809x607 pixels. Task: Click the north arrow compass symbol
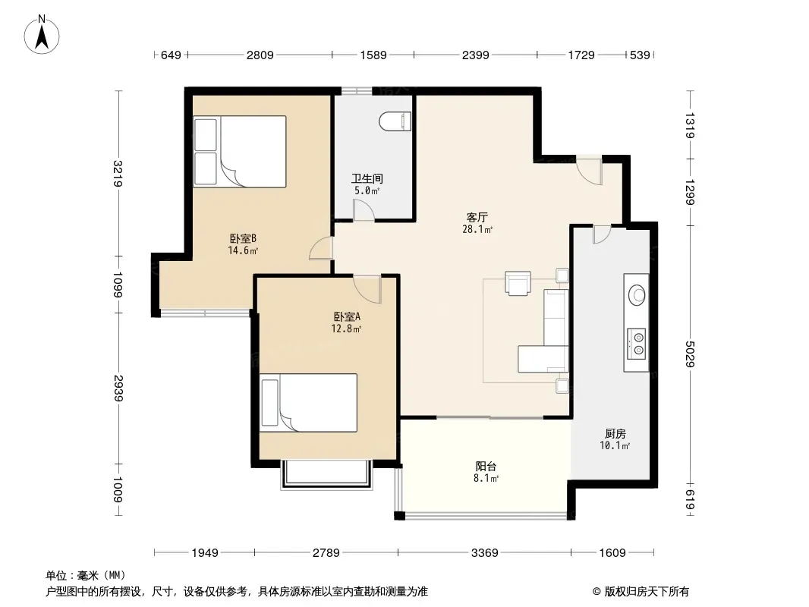coord(42,35)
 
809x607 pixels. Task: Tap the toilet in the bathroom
coord(395,122)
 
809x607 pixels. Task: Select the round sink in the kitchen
coord(636,295)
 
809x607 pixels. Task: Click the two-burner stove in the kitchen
coord(636,344)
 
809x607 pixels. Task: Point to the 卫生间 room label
coord(367,178)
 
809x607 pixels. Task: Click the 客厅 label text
coord(477,217)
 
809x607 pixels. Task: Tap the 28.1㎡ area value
coord(477,229)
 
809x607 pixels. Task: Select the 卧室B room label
coord(243,238)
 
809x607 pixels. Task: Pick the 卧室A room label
coord(346,316)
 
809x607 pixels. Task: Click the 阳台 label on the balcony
coord(486,466)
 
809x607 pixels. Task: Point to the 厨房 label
coord(615,434)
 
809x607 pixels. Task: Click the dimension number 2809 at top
coord(260,55)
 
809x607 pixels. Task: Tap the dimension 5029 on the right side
coord(690,354)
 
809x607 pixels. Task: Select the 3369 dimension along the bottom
coord(484,553)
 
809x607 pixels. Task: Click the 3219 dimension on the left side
coord(118,173)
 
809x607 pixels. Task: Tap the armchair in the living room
coord(518,284)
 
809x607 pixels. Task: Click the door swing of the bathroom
coord(364,210)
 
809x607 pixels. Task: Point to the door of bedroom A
coord(367,289)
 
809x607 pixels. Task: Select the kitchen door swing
coord(602,234)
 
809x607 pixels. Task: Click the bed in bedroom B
coord(240,151)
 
